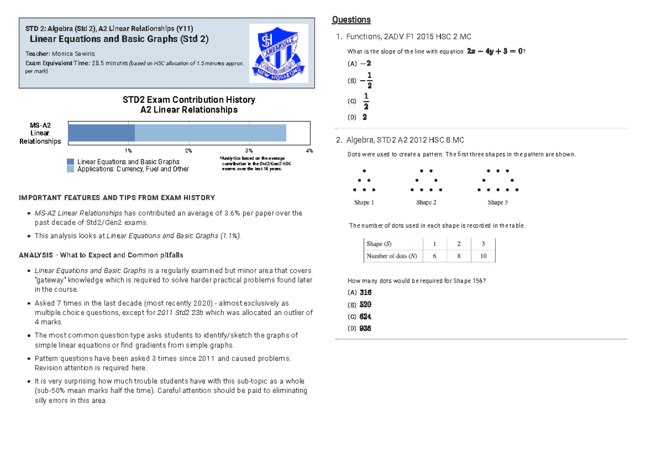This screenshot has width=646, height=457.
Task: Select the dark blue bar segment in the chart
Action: (101, 132)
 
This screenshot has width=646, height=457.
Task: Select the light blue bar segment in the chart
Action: (210, 132)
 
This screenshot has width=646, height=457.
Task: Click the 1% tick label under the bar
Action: (128, 151)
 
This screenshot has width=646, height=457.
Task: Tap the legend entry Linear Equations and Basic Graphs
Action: (128, 161)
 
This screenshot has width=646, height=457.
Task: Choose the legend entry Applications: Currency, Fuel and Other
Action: (133, 169)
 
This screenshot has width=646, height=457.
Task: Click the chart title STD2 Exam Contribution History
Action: (188, 100)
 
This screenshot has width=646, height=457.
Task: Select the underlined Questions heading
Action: (351, 20)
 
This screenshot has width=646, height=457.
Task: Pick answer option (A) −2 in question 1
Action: (360, 64)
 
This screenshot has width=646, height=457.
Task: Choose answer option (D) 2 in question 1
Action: (359, 117)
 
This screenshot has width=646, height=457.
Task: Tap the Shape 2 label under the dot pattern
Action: (426, 202)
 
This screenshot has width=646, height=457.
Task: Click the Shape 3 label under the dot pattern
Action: (497, 202)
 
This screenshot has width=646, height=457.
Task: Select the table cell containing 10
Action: (483, 256)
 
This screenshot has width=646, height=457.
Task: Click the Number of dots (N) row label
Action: (391, 256)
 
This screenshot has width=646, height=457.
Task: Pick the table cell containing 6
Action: (434, 256)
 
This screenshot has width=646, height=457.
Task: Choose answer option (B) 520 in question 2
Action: (360, 305)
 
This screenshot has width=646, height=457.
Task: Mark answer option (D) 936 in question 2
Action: (360, 328)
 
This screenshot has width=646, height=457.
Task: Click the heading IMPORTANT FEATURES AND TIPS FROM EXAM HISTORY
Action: (117, 198)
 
